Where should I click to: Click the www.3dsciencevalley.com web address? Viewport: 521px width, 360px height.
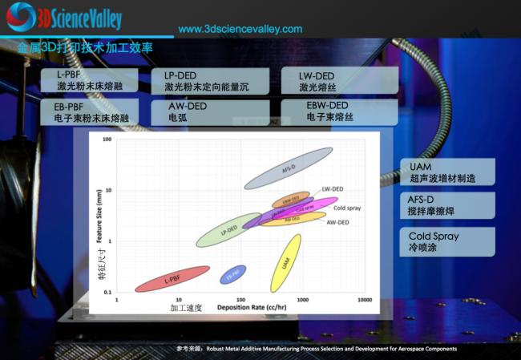point(240,29)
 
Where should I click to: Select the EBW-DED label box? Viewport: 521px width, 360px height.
point(337,111)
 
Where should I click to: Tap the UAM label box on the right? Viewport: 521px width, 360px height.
point(446,172)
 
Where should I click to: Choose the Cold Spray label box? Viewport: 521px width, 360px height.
point(446,241)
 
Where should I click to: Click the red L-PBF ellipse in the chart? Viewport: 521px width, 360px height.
point(172,279)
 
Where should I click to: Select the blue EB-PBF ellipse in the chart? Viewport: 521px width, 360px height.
point(233,274)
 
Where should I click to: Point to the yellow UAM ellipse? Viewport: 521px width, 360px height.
point(286,262)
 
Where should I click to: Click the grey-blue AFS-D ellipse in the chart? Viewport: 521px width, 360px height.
point(289,168)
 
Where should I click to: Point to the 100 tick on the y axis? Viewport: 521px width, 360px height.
point(107,140)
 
